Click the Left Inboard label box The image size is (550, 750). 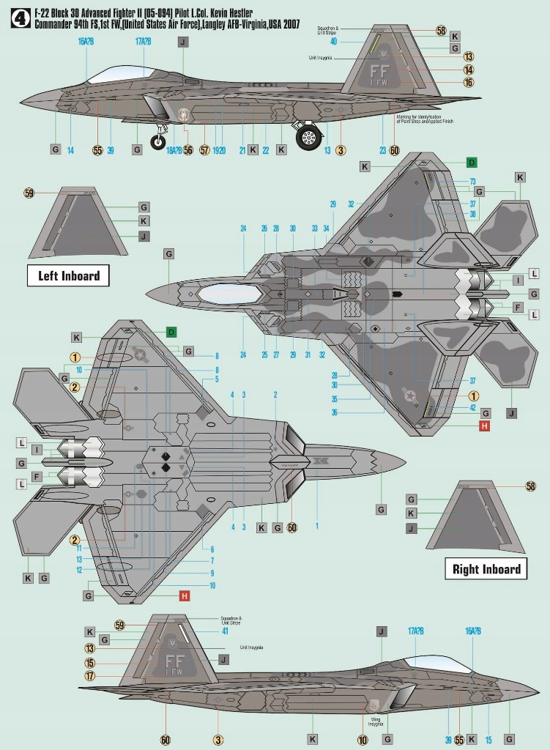(68, 275)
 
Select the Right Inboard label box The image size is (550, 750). (486, 569)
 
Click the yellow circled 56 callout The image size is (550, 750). (188, 150)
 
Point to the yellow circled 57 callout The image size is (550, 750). (204, 150)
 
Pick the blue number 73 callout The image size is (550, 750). (473, 182)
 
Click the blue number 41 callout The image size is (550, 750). (226, 631)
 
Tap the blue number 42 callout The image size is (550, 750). (473, 407)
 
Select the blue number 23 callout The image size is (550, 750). (382, 151)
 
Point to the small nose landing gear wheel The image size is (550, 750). (158, 142)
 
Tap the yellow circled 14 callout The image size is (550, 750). (469, 70)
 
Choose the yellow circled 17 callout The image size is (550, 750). (90, 676)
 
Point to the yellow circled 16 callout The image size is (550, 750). (469, 83)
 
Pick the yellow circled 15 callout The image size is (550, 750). (90, 662)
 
